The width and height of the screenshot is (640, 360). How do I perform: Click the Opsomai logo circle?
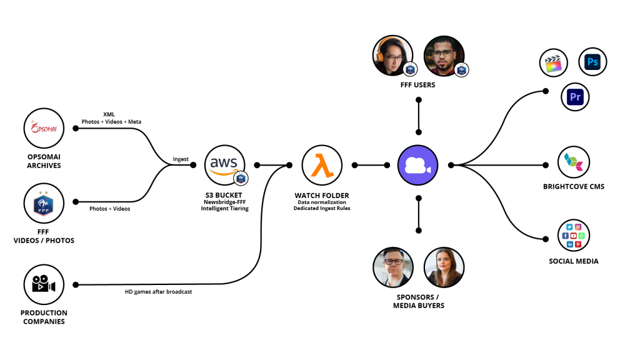pos(44,128)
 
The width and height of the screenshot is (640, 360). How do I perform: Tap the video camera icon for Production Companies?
pos(44,284)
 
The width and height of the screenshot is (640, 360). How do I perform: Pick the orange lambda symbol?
pos(322,166)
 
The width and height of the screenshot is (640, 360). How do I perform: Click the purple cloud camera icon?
pos(418,166)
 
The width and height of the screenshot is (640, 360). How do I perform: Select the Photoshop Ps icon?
pos(592,62)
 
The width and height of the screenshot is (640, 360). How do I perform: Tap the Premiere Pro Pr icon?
pos(575,97)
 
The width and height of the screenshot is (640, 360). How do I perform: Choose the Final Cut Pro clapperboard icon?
pos(552,64)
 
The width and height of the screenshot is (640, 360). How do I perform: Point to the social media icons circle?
pos(574,235)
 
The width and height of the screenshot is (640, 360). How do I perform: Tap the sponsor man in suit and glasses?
pos(393,267)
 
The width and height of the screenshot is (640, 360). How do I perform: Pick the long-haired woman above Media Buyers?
pos(443,267)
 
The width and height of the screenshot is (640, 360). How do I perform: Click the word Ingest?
pos(181,159)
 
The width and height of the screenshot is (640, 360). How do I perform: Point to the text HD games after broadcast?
pos(159,291)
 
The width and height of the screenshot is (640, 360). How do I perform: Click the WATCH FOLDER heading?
pos(322,196)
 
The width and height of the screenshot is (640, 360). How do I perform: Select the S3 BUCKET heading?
pos(224,196)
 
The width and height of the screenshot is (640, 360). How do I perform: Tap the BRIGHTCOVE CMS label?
pos(574,187)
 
